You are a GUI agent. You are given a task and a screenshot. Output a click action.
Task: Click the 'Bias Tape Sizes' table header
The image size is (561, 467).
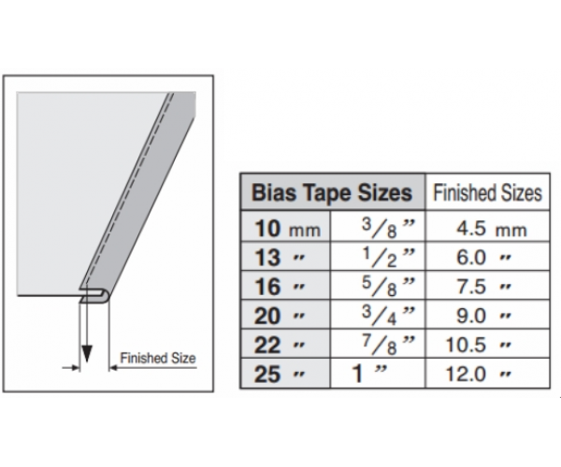(332, 192)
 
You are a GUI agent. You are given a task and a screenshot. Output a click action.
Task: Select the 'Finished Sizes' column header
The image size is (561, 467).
(488, 192)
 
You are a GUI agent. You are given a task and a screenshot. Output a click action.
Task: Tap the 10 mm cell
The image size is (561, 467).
(286, 228)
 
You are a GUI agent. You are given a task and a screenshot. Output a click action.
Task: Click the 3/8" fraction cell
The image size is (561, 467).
(378, 228)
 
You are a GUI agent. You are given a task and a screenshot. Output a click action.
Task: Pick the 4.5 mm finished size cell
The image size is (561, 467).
(488, 228)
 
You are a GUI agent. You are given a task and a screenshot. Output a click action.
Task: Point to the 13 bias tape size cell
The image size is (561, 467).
(286, 257)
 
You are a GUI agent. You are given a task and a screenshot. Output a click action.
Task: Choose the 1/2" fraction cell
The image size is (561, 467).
(378, 257)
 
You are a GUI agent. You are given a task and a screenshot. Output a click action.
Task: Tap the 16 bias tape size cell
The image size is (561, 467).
(286, 286)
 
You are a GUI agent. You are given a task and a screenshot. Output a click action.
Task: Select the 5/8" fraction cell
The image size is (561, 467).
(378, 286)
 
